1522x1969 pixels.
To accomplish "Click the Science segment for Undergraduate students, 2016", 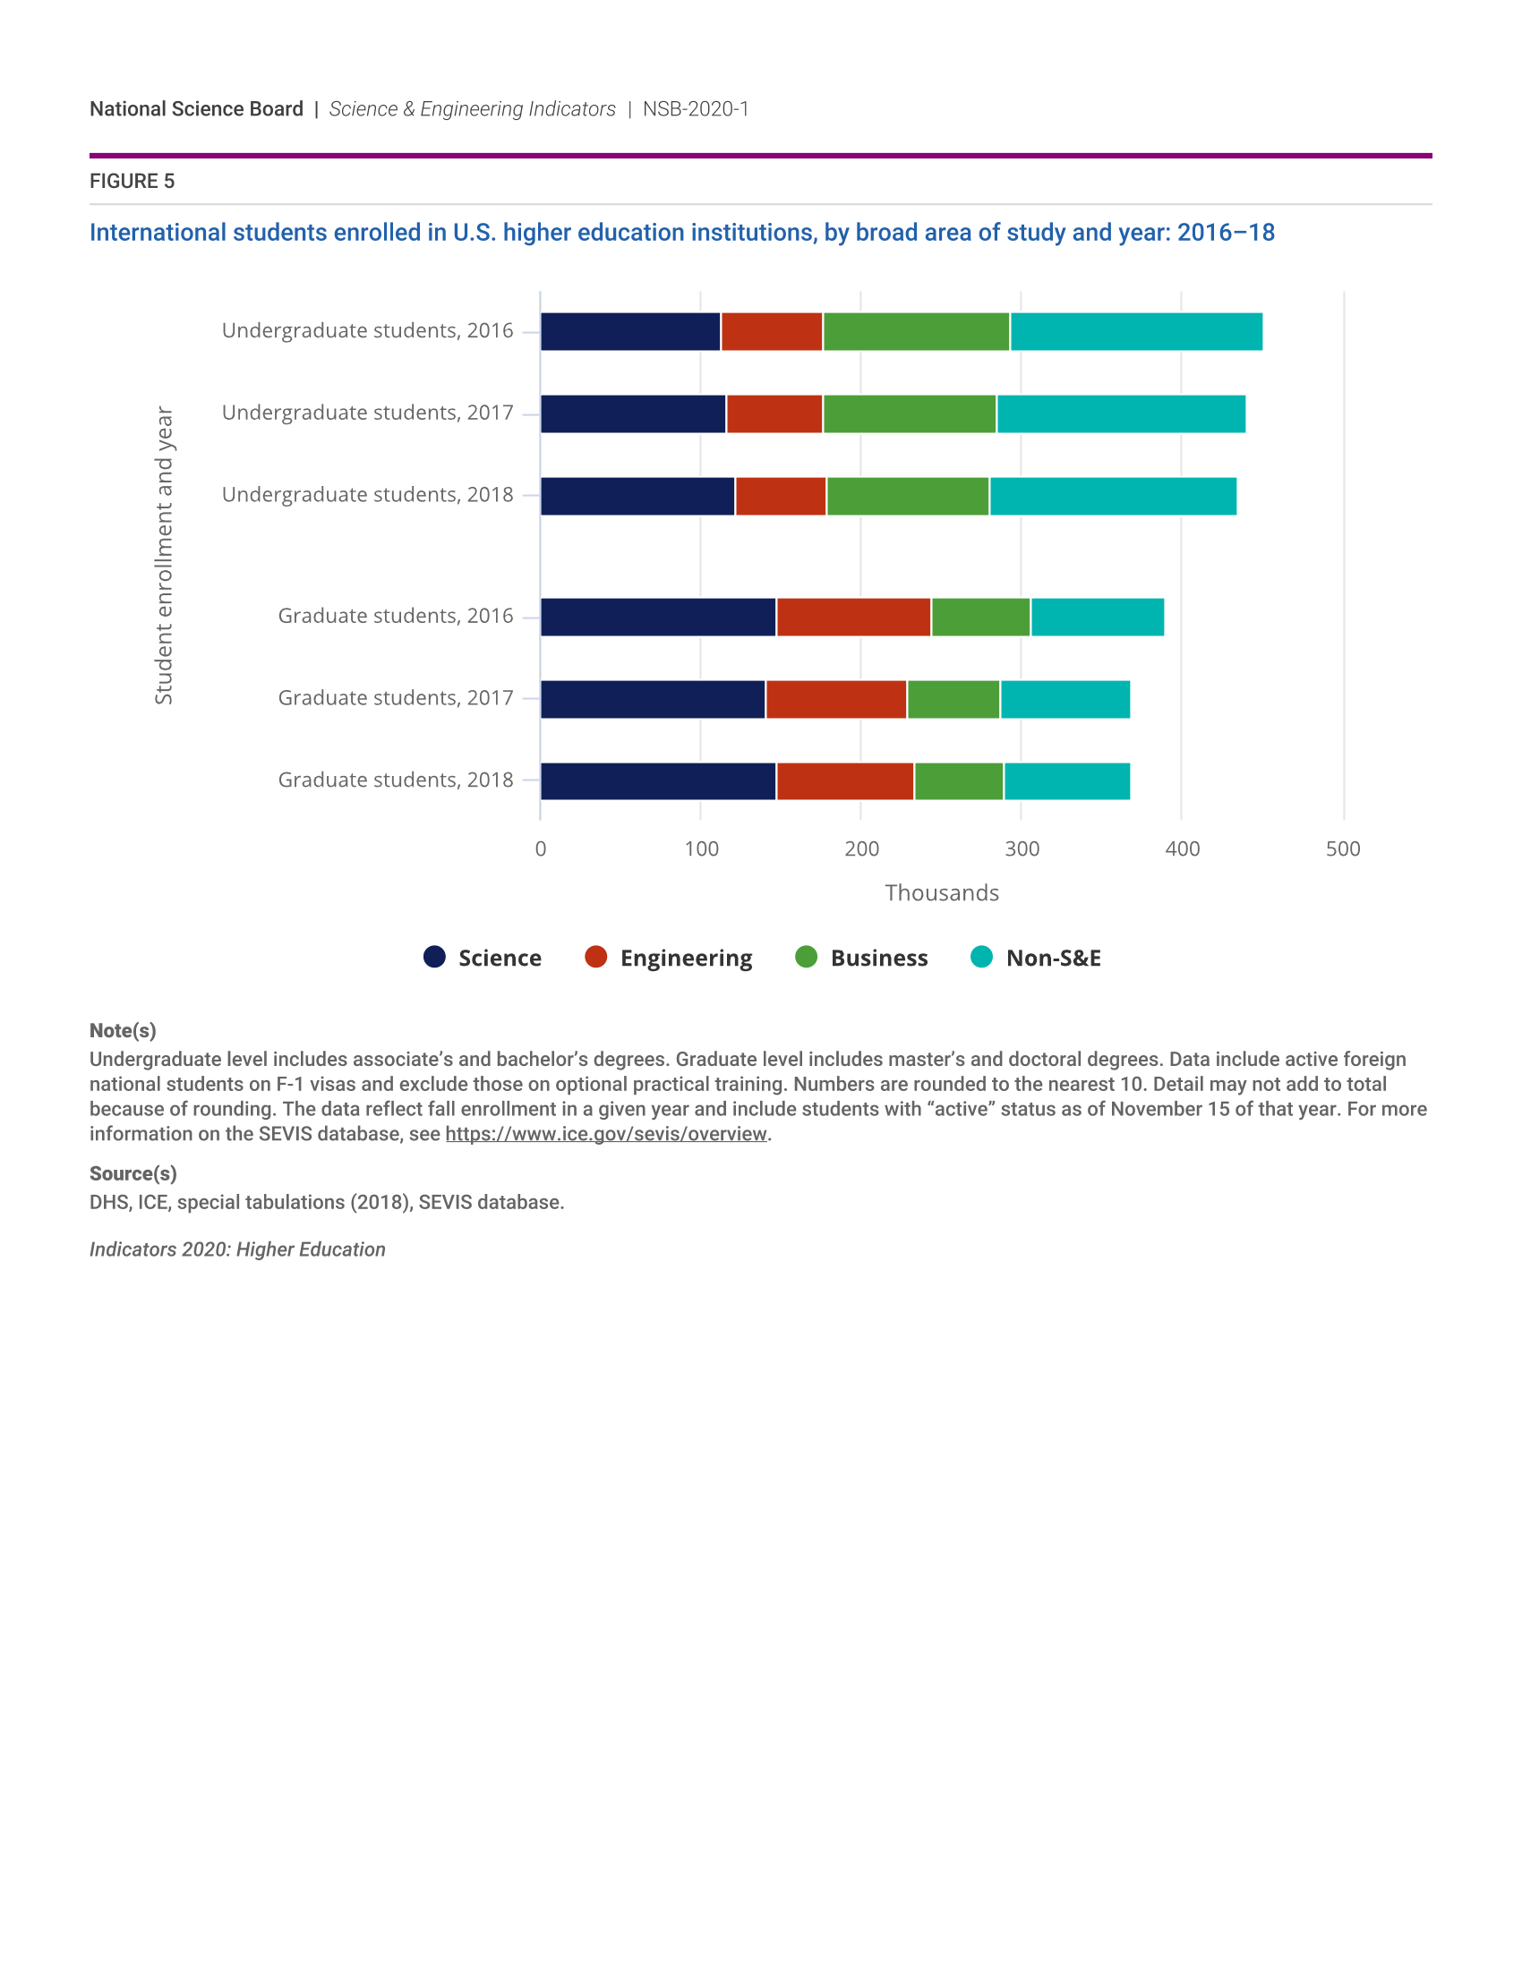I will click(x=630, y=332).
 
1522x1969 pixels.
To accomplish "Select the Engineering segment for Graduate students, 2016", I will click(x=853, y=617).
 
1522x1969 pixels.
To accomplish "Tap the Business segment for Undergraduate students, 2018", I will click(x=907, y=496).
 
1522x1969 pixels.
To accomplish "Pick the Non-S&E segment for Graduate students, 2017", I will click(x=1065, y=700).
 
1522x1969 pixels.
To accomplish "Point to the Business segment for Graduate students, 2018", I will click(x=959, y=780).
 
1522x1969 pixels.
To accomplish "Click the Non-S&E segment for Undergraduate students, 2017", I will click(x=1121, y=413).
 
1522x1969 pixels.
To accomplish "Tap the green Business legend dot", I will click(x=806, y=957).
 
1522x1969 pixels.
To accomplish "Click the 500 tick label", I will click(x=1343, y=848).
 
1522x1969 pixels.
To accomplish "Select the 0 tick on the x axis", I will click(x=541, y=848).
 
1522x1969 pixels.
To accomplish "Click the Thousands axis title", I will click(x=941, y=892).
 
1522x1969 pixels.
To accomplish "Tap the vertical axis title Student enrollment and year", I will click(x=163, y=555).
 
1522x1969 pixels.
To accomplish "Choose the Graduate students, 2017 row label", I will click(x=395, y=698).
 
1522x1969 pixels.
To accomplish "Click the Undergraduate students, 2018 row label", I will click(x=367, y=495).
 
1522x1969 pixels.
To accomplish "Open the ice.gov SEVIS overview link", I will click(x=606, y=1134).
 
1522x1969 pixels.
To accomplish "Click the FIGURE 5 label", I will click(x=132, y=181).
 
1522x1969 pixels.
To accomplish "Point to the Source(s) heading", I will click(x=133, y=1174).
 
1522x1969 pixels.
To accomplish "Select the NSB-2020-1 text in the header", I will click(x=695, y=109).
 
